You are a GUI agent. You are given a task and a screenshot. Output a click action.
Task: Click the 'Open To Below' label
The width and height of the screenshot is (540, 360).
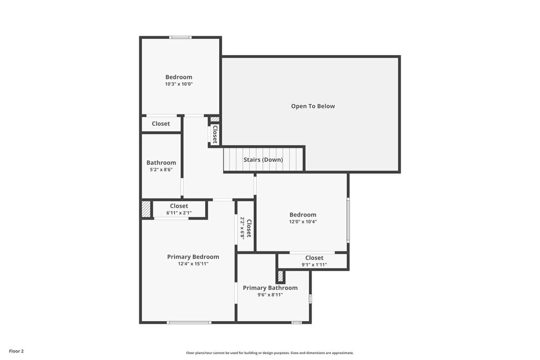tap(313, 106)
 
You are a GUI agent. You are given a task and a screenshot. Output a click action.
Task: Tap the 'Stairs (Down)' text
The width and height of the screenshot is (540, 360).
tap(263, 160)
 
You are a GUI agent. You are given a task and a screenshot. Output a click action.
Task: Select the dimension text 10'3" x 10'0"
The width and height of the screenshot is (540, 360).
tap(179, 84)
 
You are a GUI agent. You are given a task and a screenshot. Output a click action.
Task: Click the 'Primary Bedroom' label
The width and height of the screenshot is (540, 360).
tap(193, 257)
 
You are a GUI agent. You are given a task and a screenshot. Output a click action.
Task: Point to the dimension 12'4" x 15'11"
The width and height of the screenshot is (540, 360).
tap(193, 264)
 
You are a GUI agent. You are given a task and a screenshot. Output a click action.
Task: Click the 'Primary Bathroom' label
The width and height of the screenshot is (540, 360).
tap(270, 288)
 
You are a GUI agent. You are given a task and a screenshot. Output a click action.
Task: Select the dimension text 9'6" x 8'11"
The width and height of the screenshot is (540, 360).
tap(270, 295)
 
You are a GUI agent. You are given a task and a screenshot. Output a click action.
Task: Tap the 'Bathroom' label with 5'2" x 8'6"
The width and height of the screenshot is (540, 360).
tap(161, 162)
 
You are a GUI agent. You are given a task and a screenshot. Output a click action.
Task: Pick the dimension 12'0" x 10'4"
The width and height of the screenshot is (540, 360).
tap(302, 222)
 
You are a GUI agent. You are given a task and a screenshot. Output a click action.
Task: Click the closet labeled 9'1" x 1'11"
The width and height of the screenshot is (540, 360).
tap(314, 261)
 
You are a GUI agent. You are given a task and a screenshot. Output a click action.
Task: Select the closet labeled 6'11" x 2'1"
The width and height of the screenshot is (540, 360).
tap(179, 209)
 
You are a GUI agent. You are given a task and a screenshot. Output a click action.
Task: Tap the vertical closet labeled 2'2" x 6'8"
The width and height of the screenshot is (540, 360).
tap(246, 228)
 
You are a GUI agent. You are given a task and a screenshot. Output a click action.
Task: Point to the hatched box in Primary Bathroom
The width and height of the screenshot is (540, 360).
tap(280, 276)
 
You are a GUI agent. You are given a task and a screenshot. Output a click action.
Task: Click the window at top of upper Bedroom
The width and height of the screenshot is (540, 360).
tap(180, 37)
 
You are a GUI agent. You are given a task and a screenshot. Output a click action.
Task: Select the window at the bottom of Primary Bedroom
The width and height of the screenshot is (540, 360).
tap(189, 323)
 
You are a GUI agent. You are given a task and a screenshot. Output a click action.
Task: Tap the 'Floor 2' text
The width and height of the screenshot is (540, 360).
tap(16, 351)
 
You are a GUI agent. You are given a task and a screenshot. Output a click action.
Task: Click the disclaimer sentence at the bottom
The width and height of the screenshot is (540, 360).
tap(270, 353)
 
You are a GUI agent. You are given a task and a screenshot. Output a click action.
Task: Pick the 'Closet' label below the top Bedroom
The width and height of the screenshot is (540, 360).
tap(160, 124)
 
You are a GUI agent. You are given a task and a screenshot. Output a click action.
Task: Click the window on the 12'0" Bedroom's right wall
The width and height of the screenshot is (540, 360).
tap(348, 220)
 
